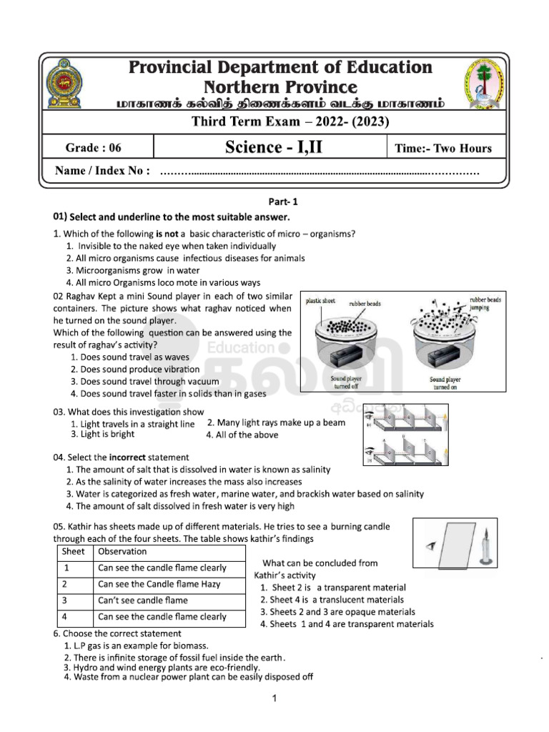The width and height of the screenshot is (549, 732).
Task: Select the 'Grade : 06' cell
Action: point(94,149)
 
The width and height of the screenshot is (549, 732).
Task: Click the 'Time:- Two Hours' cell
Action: point(443,149)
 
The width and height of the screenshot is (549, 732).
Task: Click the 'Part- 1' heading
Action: point(274,202)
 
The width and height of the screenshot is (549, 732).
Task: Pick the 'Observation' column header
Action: point(122,552)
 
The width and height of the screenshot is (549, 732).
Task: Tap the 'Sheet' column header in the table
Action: point(74,552)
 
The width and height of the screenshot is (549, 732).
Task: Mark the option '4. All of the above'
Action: point(242,435)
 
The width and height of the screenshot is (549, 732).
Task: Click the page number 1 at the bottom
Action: point(274,701)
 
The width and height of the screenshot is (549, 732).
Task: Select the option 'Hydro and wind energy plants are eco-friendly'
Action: point(162,667)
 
